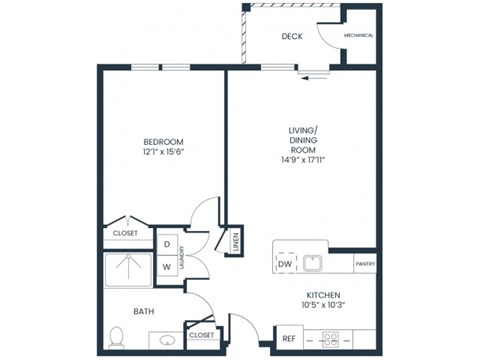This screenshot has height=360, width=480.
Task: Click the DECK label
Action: [291, 36]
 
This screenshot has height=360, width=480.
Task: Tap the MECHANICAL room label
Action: [358, 35]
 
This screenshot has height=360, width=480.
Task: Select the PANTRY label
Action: [365, 264]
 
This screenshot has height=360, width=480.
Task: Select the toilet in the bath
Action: [116, 336]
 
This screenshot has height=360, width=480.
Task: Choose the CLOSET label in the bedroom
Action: [126, 234]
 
